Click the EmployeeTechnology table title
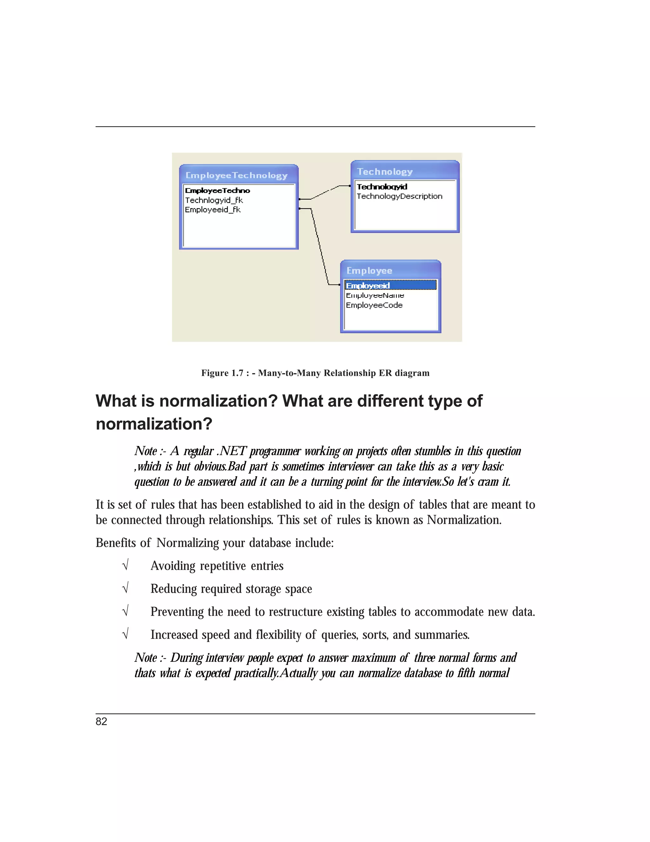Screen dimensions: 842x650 click(x=236, y=175)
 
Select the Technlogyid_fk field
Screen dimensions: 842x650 click(x=214, y=200)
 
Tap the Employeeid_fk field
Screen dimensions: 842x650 click(x=213, y=210)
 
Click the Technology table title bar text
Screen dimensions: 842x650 click(x=384, y=172)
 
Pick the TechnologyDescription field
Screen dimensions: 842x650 click(x=399, y=196)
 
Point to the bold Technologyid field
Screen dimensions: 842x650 click(x=381, y=187)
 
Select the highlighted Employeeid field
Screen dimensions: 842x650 click(x=368, y=285)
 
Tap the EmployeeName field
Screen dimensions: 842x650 click(x=375, y=295)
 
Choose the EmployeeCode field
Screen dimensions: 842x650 click(x=374, y=305)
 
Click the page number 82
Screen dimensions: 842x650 click(x=101, y=721)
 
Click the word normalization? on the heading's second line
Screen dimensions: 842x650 click(x=154, y=424)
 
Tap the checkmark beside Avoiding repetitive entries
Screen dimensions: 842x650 click(x=125, y=565)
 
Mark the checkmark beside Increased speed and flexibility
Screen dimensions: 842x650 click(x=125, y=634)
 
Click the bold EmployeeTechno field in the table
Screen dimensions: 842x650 click(x=217, y=190)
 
